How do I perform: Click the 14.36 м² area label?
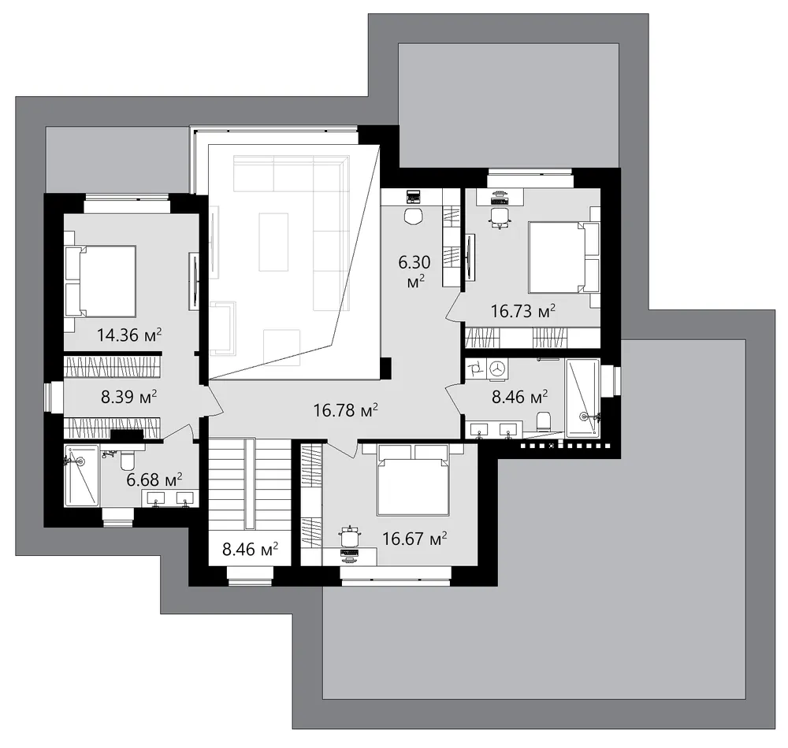tap(129, 335)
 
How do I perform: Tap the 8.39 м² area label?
tap(129, 397)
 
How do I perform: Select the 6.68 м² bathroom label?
tap(154, 480)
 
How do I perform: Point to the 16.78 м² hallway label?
tap(346, 410)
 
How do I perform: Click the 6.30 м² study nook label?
tap(415, 272)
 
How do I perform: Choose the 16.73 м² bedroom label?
tap(523, 311)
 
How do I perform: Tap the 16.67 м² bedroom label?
tap(414, 539)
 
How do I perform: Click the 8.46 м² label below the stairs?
tap(251, 550)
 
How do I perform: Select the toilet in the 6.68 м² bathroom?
tap(127, 458)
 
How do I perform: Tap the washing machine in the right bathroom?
tap(497, 368)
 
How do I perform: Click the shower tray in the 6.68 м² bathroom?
tap(81, 476)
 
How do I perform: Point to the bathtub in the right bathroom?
tap(583, 398)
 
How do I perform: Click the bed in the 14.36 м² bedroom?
tap(101, 281)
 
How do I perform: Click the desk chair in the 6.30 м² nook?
tap(414, 217)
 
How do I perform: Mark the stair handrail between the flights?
tap(250, 484)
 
